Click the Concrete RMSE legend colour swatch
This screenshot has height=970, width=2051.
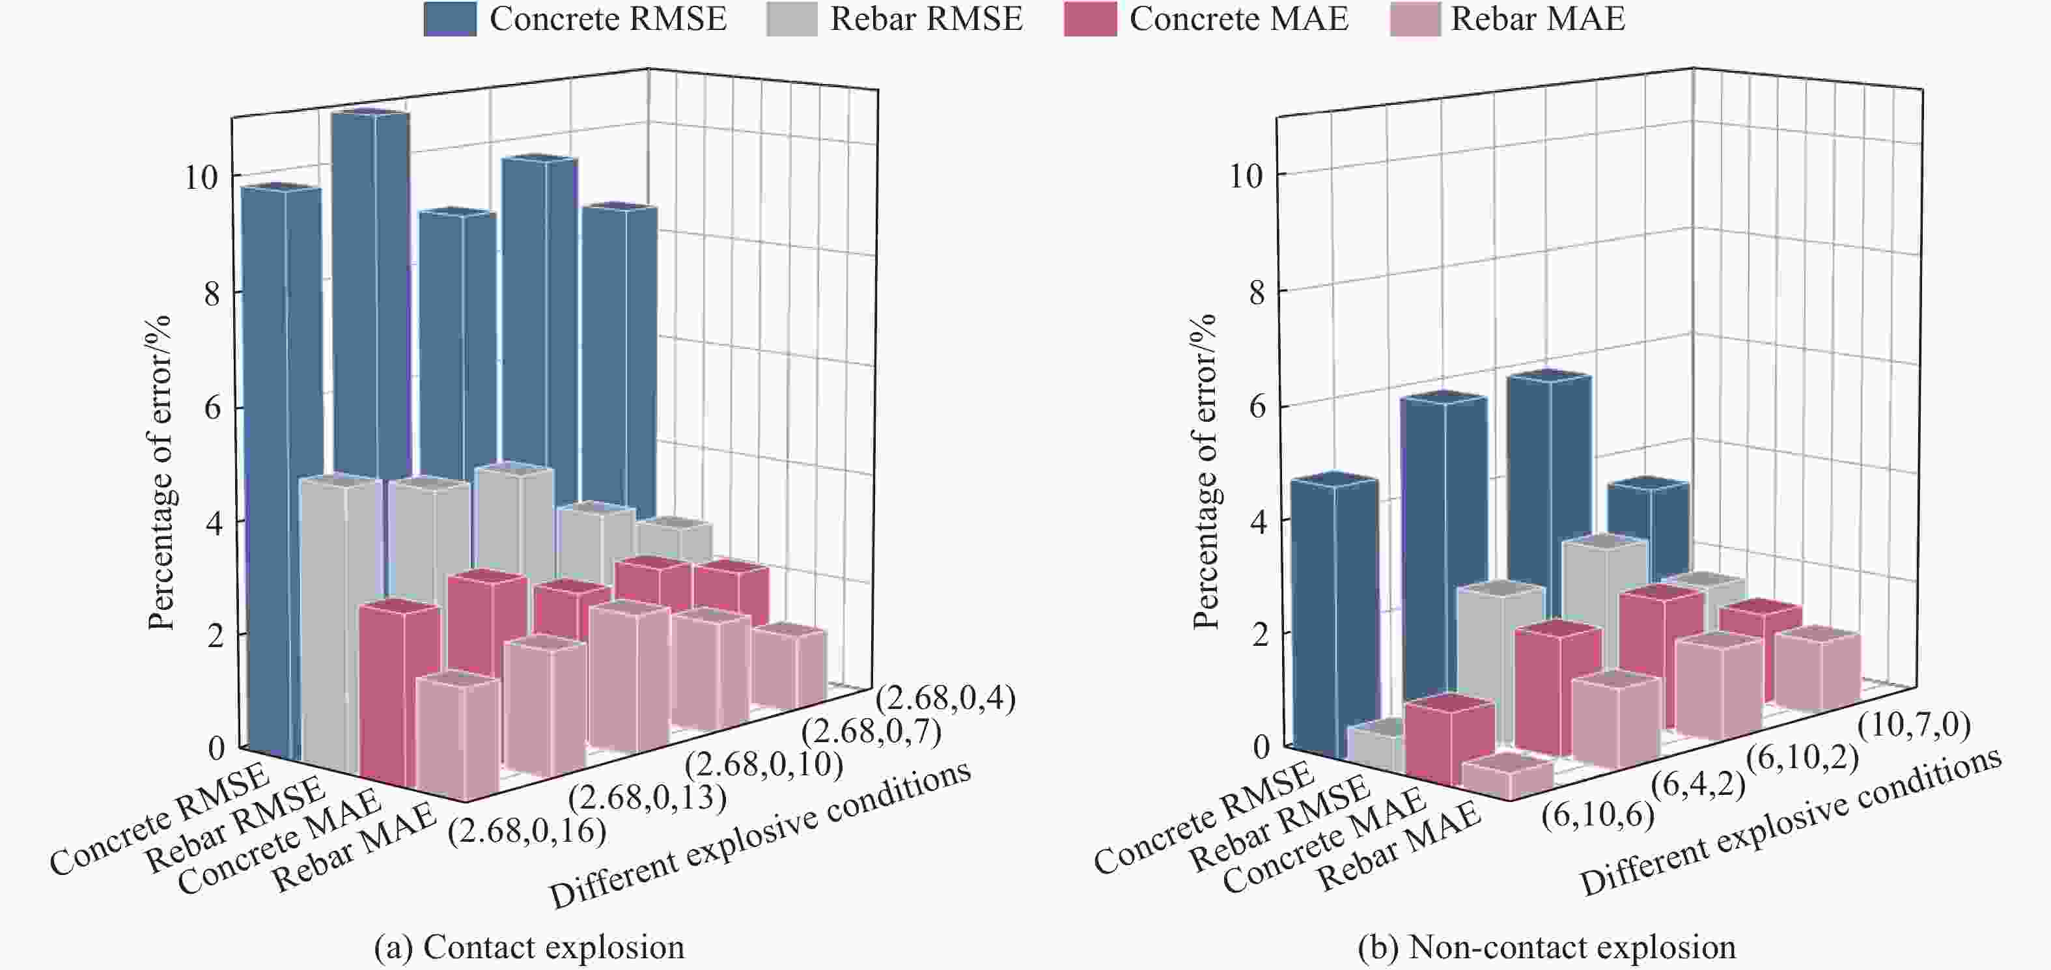[450, 19]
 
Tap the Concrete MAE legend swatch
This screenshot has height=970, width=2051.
[1089, 19]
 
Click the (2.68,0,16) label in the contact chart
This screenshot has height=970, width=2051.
[527, 831]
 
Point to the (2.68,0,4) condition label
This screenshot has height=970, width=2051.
[945, 698]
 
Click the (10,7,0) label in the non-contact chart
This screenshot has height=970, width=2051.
[1914, 725]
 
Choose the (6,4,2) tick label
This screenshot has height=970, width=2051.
[1698, 784]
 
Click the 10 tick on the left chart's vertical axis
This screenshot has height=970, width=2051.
[201, 177]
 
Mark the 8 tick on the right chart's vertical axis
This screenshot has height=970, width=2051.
[1257, 293]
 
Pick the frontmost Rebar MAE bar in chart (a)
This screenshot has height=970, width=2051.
[457, 737]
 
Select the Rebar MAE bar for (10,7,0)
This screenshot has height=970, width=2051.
[1817, 669]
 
